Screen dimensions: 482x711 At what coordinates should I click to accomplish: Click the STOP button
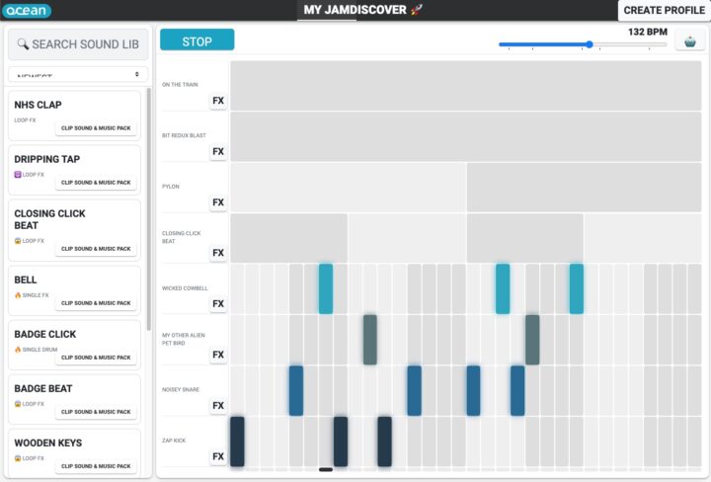197,40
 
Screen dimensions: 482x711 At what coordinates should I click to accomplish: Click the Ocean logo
27,11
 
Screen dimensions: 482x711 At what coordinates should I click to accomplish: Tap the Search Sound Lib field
79,44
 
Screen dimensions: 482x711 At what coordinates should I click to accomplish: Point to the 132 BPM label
648,32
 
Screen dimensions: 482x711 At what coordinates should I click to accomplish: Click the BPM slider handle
590,44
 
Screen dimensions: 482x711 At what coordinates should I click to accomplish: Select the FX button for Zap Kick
218,456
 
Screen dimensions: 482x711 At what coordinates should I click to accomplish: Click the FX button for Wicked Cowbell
218,304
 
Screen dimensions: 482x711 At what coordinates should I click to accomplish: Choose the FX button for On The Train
218,101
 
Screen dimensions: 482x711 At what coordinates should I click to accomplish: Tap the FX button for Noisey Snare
218,406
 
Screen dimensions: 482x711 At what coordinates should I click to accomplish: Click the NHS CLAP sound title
38,104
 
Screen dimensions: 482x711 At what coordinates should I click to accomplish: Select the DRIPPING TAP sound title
47,159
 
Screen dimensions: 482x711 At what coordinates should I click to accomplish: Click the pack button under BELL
96,303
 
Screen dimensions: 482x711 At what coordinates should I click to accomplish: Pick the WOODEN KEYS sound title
48,442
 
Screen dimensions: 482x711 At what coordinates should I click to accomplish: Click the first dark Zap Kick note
237,442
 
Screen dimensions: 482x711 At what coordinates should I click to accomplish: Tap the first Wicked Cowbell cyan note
325,288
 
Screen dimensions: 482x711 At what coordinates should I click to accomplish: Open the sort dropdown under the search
79,75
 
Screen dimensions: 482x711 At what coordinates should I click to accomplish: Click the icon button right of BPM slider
688,43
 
